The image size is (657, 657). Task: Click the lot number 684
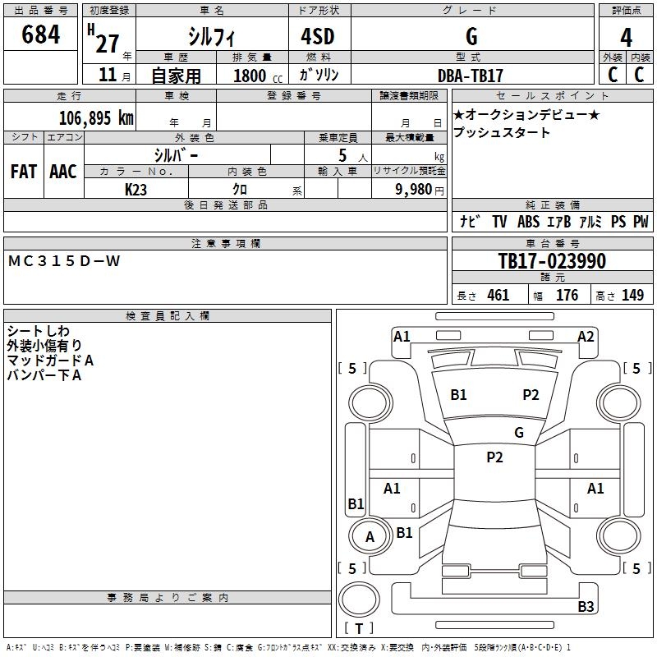pyautogui.click(x=40, y=34)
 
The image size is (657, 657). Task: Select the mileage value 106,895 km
pyautogui.click(x=96, y=118)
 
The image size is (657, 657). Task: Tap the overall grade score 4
pyautogui.click(x=626, y=38)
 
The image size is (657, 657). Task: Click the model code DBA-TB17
pyautogui.click(x=470, y=76)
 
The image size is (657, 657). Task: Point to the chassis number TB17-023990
pyautogui.click(x=552, y=261)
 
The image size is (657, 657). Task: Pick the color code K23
pyautogui.click(x=136, y=190)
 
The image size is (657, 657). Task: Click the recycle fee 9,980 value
pyautogui.click(x=413, y=189)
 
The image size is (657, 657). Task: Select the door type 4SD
pyautogui.click(x=318, y=36)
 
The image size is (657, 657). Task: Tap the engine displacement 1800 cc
pyautogui.click(x=258, y=76)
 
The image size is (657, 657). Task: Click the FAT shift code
pyautogui.click(x=24, y=172)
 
